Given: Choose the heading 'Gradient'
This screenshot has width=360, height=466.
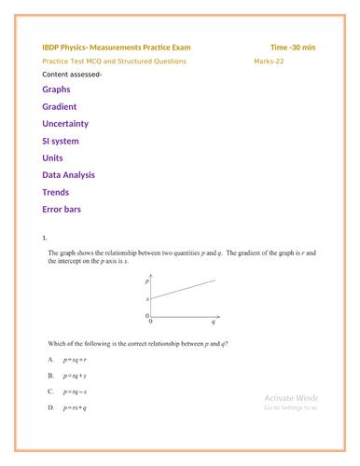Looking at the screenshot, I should coord(60,107).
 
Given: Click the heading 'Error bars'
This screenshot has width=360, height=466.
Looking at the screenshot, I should coord(62,209).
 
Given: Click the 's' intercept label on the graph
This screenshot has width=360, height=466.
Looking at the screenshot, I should coord(146,299).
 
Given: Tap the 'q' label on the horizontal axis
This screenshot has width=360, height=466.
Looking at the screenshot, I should coord(213,322).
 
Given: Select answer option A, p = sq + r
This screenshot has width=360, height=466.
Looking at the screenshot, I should coord(74,359).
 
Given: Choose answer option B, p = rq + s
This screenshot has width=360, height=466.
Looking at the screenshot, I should coord(74,376).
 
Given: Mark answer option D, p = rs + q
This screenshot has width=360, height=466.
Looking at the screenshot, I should coord(74,408).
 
